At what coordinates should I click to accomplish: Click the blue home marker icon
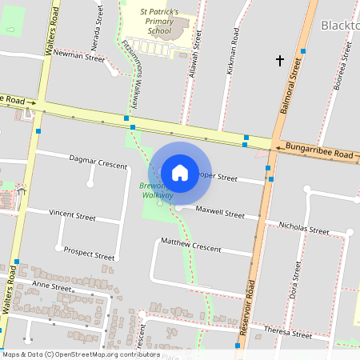click(180, 173)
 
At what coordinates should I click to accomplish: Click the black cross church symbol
click(280, 60)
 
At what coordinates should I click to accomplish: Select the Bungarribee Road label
click(320, 151)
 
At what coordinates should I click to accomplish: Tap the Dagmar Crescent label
click(98, 163)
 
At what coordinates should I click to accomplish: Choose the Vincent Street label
click(72, 216)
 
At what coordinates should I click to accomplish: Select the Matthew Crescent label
click(190, 244)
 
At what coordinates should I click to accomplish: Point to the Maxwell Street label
click(220, 214)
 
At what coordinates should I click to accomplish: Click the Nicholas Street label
click(303, 228)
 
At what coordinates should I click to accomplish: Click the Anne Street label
click(52, 286)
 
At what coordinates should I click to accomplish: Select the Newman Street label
click(78, 58)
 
